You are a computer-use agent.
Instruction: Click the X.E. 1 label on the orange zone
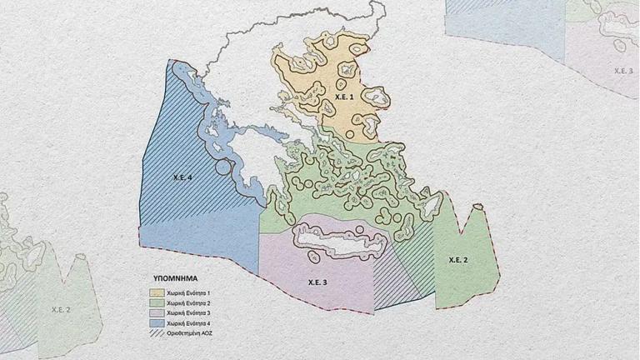[x=343, y=98]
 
